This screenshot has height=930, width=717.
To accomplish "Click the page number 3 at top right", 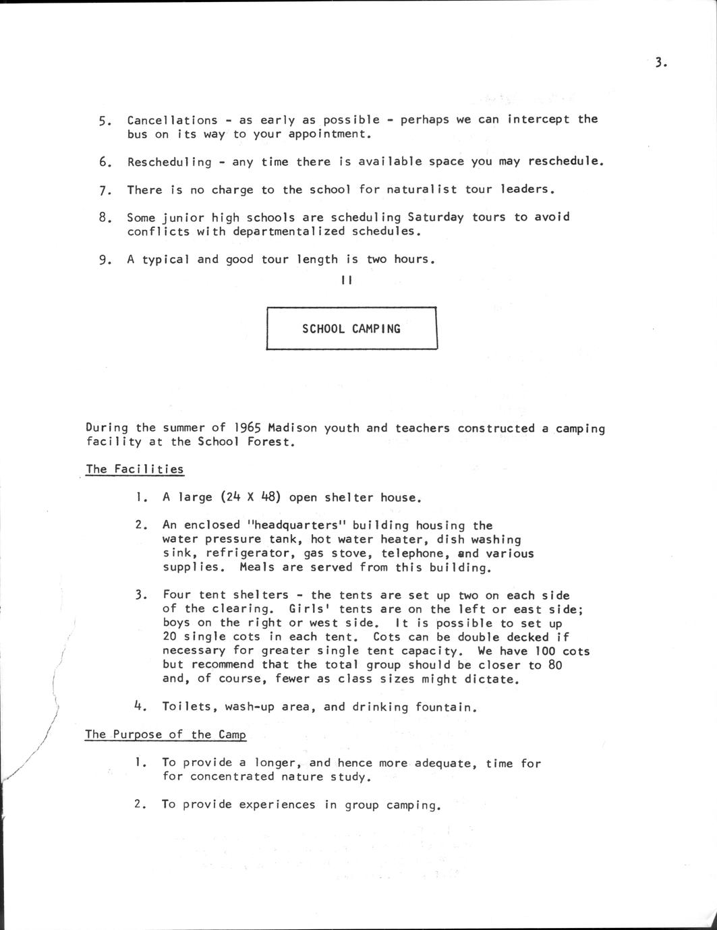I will point(660,63).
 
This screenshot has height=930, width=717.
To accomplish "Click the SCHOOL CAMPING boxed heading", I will point(351,329).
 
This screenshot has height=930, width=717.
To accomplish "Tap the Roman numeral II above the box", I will point(347,281).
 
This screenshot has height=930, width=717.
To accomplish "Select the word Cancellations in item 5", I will point(172,120).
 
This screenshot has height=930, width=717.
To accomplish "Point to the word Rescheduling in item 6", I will point(169,162).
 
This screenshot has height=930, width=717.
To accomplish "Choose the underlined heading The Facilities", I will point(134,469).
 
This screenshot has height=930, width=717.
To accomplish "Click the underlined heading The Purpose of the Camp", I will point(165,734).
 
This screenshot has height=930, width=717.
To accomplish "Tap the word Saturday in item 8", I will point(436,217).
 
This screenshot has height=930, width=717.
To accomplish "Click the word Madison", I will point(292,428).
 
